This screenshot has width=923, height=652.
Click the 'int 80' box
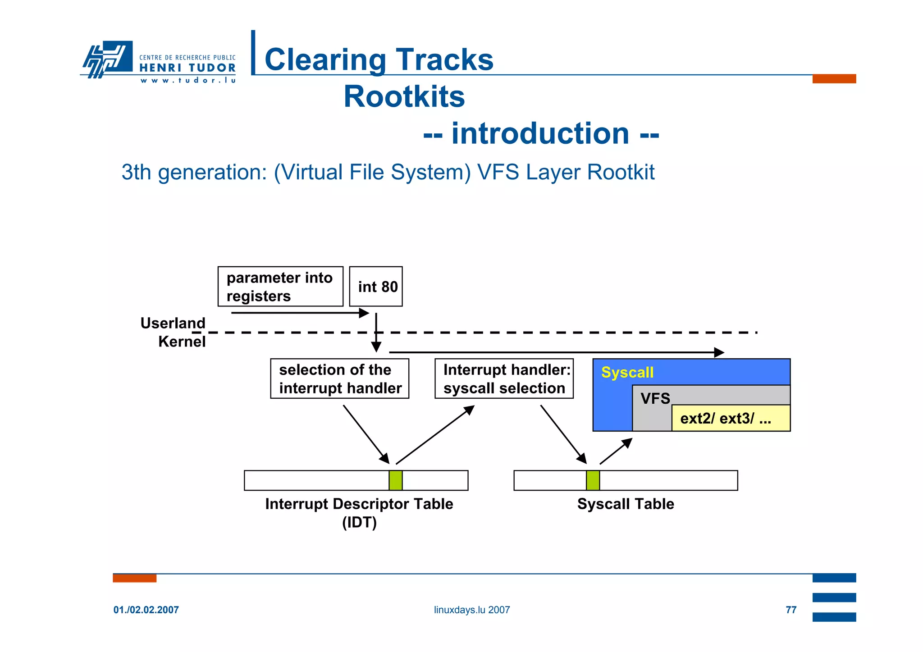(376, 287)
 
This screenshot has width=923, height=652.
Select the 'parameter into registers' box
(280, 287)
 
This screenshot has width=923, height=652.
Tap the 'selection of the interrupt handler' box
(339, 378)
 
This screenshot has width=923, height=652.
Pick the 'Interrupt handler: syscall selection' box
(504, 378)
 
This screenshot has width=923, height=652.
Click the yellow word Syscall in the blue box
(627, 372)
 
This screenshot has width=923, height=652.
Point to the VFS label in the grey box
(655, 398)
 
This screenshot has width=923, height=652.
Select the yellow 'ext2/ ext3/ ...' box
(730, 418)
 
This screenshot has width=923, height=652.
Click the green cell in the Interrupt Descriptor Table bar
(395, 480)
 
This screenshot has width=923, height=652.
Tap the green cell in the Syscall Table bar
(593, 480)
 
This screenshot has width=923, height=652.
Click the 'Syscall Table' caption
(626, 504)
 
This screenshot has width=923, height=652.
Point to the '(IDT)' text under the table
(359, 523)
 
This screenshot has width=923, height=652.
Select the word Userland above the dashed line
(173, 323)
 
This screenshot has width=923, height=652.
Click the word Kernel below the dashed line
(182, 342)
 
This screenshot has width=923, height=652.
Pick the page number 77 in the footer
(791, 610)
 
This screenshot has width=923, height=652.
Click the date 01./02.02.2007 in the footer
(146, 610)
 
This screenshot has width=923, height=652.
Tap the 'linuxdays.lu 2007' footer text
(472, 610)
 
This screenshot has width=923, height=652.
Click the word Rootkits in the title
(404, 96)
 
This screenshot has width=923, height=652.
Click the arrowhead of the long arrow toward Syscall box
(719, 352)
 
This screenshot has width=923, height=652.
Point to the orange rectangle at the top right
(834, 79)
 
